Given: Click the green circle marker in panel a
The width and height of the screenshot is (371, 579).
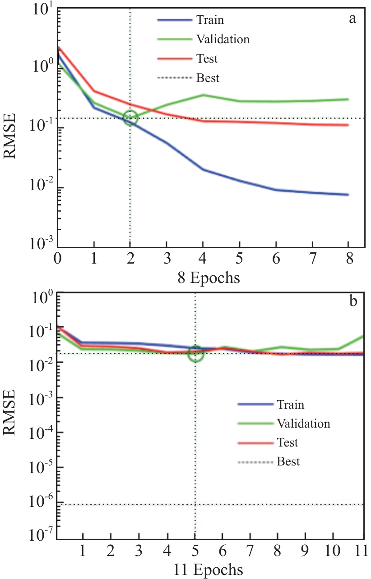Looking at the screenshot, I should (130, 118).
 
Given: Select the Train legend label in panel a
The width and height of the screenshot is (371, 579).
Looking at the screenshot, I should (210, 20).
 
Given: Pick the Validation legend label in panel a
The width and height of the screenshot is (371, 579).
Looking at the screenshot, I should (223, 39).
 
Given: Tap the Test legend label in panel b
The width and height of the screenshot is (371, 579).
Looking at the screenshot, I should (288, 442).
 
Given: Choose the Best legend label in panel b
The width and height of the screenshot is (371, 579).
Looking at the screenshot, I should (288, 462).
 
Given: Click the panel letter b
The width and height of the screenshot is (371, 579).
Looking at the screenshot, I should (353, 301).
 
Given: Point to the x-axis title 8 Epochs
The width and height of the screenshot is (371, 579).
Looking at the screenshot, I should (209, 278).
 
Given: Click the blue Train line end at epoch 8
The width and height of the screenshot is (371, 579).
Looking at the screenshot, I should (348, 195).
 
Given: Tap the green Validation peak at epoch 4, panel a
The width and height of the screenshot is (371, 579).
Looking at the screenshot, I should (204, 95).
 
